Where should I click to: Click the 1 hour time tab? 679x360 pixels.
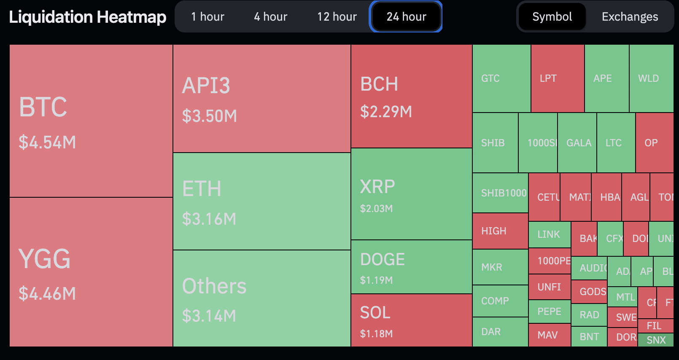coord(207,17)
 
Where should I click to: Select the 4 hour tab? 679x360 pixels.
coord(270,17)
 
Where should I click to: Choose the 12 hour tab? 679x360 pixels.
coord(337,17)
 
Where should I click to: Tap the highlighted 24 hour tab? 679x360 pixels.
coord(406,17)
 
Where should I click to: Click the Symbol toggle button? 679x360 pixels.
coord(552,17)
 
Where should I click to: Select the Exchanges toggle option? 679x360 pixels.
coord(630,17)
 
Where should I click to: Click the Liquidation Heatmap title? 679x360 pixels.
coord(88,17)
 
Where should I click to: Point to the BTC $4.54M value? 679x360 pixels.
coord(47,142)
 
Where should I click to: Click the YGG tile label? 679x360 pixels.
coord(44,259)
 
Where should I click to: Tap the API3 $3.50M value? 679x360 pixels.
coord(209,116)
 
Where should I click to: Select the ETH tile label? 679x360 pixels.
coord(202,188)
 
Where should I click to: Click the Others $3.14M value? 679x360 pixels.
coord(209,316)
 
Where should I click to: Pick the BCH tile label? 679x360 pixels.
coord(379,84)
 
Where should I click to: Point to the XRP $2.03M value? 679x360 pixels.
coord(376,209)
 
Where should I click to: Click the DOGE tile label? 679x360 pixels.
coord(382,259)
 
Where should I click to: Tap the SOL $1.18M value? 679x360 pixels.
coord(376,334)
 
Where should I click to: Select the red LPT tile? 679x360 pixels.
coord(558,78)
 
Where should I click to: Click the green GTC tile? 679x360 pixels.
coord(501,78)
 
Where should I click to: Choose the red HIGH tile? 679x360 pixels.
coord(500,231)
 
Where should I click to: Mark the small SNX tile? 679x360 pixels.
coord(656,340)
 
